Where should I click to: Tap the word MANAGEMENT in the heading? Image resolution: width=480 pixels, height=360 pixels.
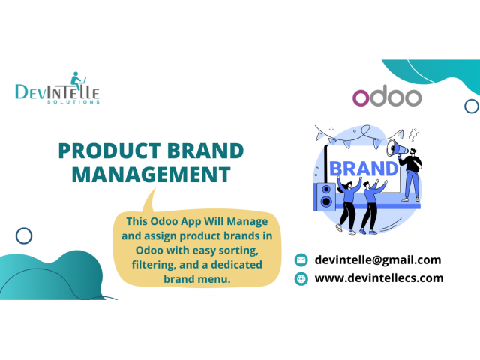tap(145, 175)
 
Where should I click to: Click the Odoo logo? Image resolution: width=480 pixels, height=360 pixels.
tap(386, 97)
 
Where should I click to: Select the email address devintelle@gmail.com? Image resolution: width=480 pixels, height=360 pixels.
tap(377, 259)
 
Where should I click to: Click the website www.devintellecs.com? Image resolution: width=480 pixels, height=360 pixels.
tap(379, 277)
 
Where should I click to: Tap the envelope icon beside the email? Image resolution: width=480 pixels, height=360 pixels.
tap(301, 260)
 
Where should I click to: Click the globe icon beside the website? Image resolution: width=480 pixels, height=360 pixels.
tap(301, 278)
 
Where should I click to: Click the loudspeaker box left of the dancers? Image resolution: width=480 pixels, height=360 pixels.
tap(326, 196)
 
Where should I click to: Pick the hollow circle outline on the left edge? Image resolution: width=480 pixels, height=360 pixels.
tap(24, 236)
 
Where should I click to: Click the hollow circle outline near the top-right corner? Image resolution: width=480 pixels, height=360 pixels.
tap(471, 106)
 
